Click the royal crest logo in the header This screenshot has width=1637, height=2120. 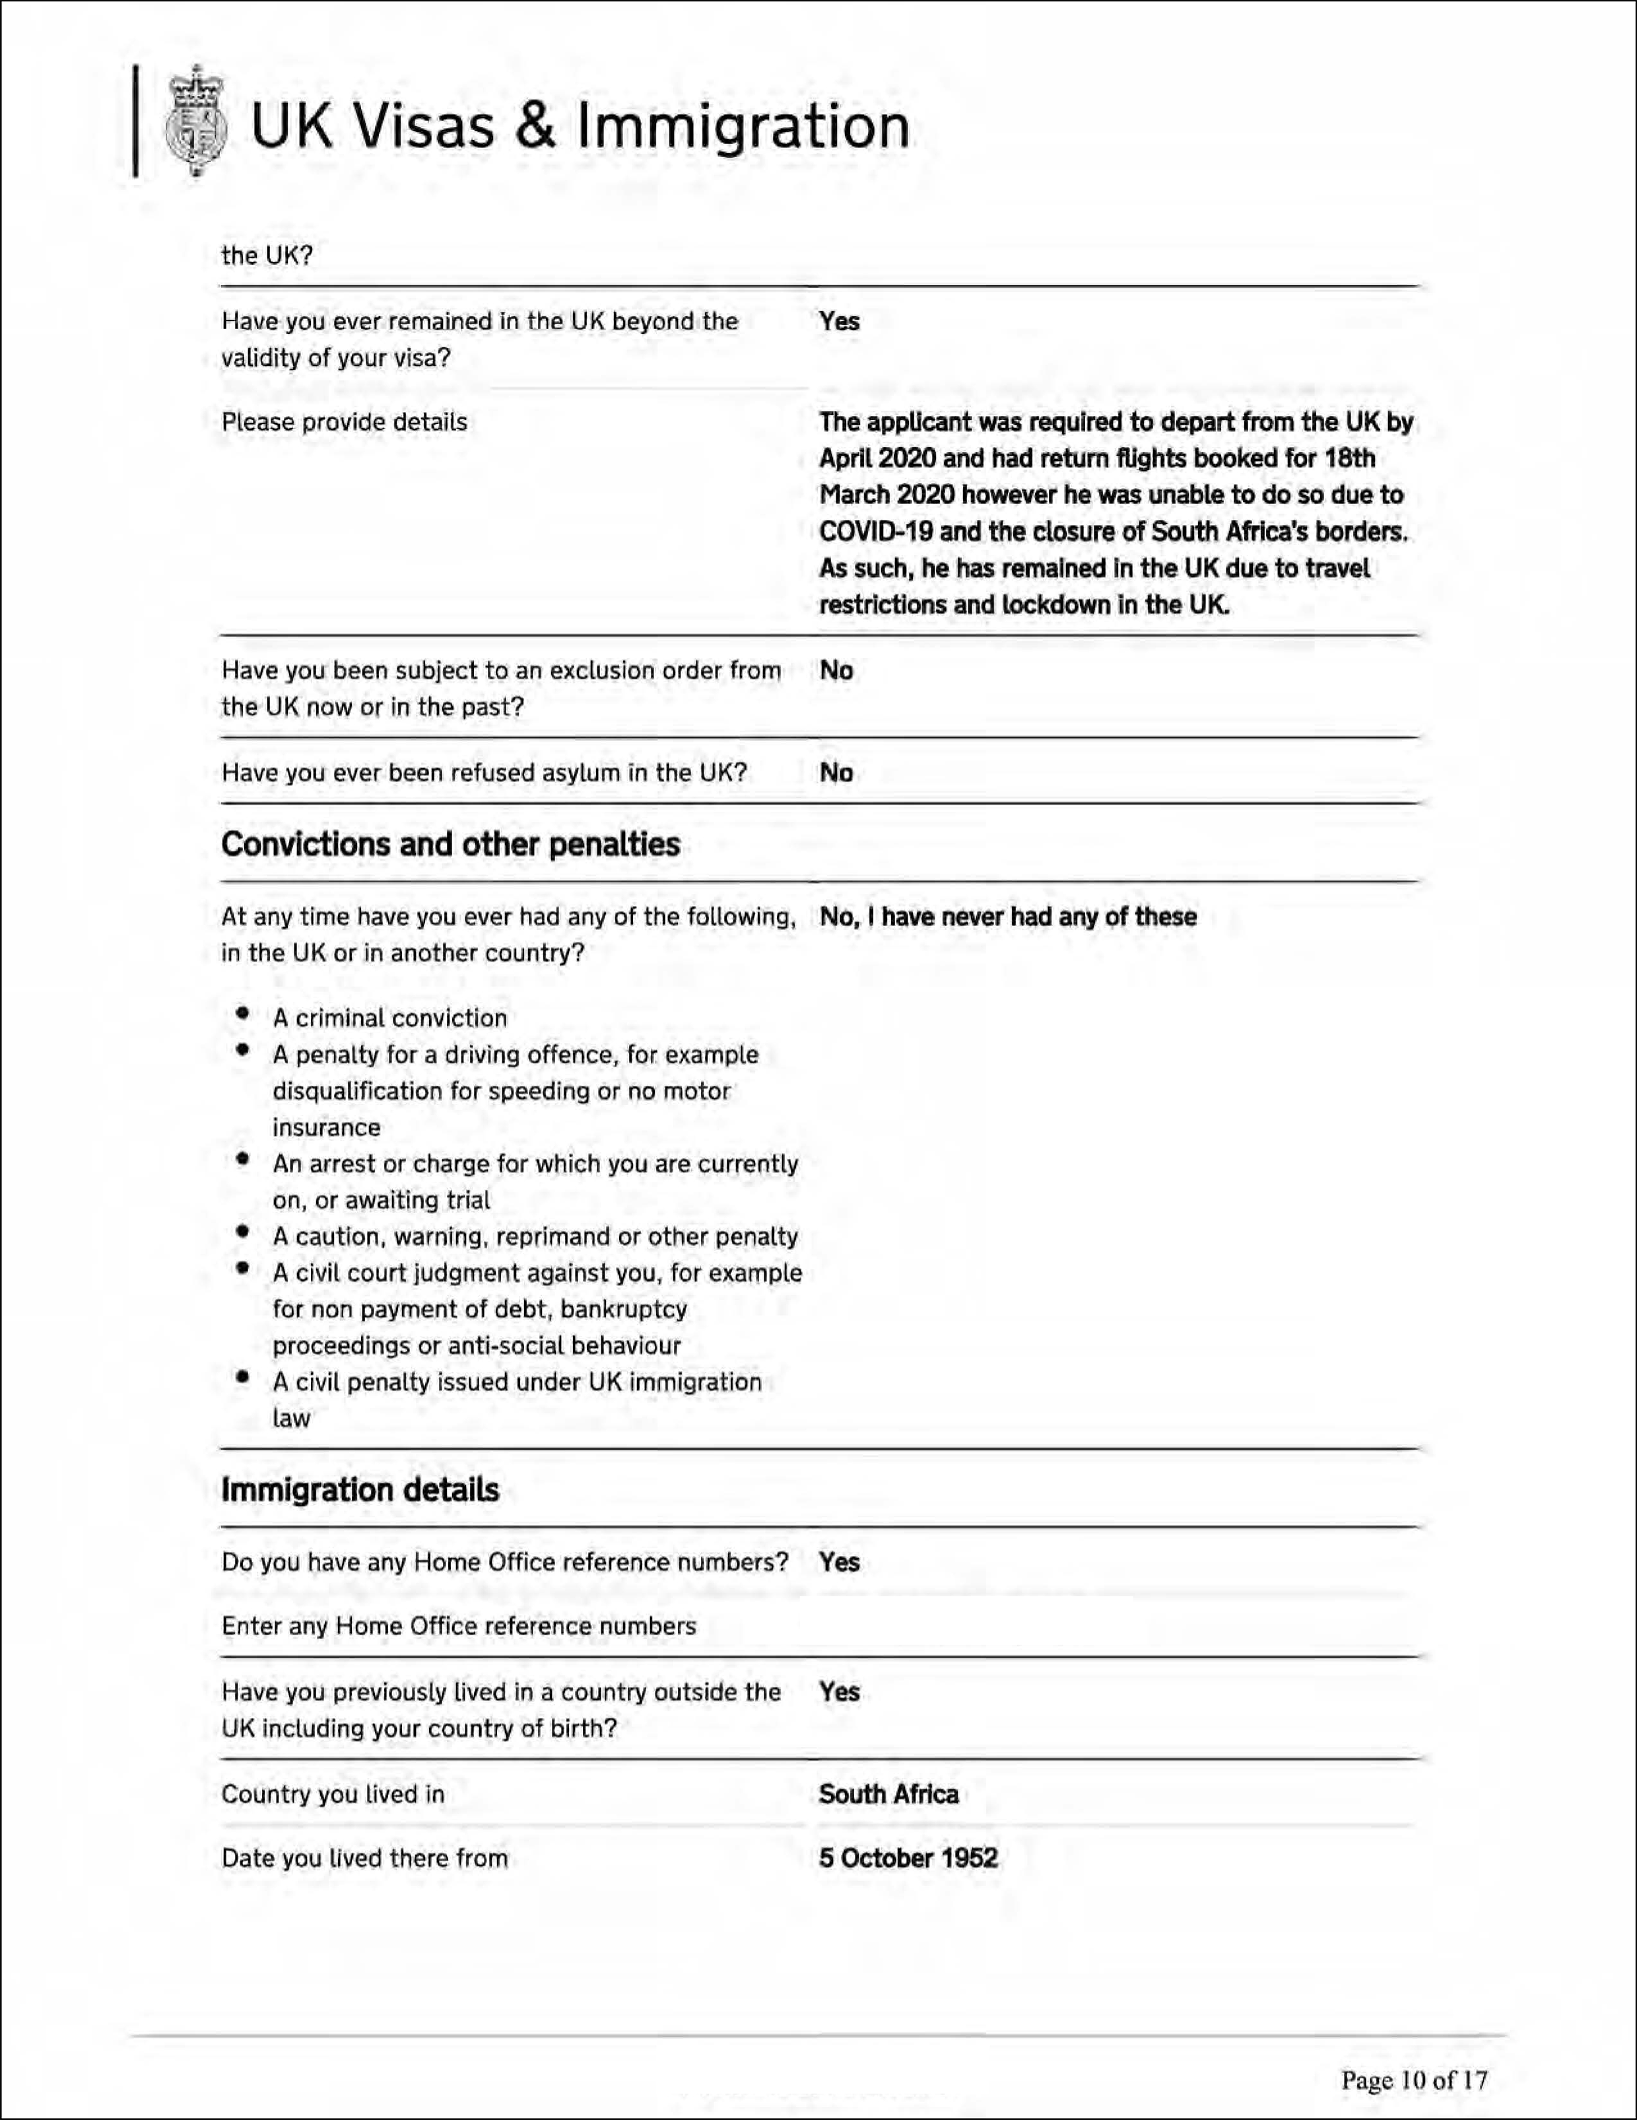click(x=196, y=122)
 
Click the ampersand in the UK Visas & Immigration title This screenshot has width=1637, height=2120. click(x=535, y=126)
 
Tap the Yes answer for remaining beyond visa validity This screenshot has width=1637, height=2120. click(x=840, y=321)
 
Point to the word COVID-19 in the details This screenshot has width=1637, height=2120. click(x=873, y=532)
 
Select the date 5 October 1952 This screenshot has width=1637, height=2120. click(x=908, y=1858)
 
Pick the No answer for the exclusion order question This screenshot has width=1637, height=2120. click(x=836, y=671)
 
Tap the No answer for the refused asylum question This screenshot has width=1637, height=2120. click(x=836, y=773)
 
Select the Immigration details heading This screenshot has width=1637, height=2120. click(x=360, y=1490)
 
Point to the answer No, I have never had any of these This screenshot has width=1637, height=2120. click(x=1008, y=916)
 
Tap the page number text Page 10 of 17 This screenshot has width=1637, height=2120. click(x=1414, y=2079)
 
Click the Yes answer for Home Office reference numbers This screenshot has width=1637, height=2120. click(x=840, y=1562)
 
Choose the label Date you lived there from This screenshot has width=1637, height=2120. click(x=365, y=1858)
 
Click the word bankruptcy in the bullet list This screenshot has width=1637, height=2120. click(x=624, y=1310)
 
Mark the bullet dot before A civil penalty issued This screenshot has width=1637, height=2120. click(x=243, y=1378)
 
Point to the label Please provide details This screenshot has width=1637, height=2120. click(x=345, y=422)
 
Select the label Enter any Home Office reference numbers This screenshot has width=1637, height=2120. click(x=459, y=1626)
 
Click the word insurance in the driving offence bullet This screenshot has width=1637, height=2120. click(x=326, y=1128)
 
